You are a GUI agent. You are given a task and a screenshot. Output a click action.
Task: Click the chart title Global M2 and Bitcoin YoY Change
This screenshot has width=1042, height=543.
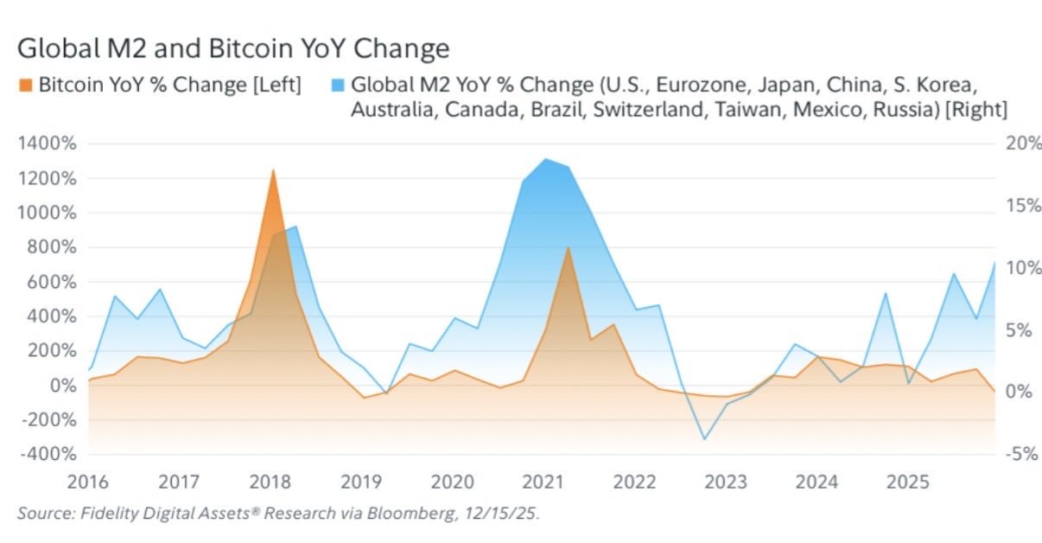tap(233, 48)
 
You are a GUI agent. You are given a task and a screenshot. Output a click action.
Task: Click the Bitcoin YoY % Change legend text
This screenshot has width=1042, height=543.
tap(169, 86)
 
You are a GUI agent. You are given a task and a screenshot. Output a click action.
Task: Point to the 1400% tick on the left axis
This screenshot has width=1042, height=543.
tap(51, 144)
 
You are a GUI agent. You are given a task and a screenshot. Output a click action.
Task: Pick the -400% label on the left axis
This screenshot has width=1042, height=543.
tap(51, 455)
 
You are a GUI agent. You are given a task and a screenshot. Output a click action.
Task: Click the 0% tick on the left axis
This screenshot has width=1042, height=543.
tap(62, 386)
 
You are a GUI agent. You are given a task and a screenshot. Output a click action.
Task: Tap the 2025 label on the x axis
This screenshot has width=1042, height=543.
tap(913, 480)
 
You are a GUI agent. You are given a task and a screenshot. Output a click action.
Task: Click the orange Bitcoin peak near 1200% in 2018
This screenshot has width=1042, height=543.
tap(273, 170)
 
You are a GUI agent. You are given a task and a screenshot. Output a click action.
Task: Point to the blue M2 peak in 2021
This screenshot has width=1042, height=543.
tap(545, 159)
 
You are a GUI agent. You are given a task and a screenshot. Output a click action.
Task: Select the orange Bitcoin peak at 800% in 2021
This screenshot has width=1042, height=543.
tap(567, 248)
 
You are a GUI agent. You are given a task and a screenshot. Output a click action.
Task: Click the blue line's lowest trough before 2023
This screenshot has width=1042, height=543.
tap(704, 439)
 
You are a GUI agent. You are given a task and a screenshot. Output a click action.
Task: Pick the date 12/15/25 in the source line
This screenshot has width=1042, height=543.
tap(506, 514)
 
